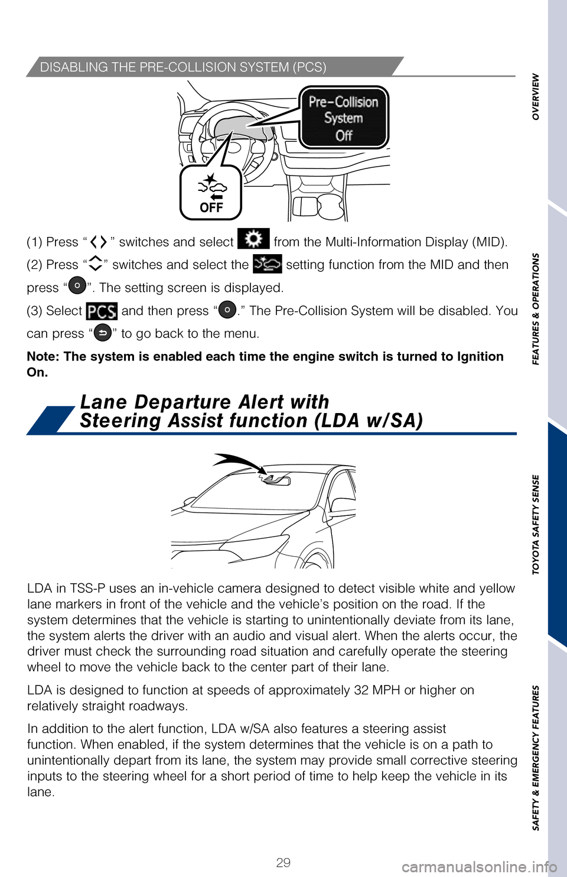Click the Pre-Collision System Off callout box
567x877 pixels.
[x=343, y=118]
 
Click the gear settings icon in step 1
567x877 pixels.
[x=253, y=239]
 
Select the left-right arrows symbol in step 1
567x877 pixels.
[x=99, y=242]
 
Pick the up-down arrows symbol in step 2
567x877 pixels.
[x=95, y=264]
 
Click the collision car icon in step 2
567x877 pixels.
[x=268, y=264]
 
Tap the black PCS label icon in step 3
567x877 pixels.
[x=102, y=311]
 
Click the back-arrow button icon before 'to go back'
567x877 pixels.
[x=103, y=333]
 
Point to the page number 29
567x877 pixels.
[x=283, y=862]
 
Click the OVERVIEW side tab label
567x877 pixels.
[x=536, y=96]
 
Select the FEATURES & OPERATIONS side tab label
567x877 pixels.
[x=536, y=309]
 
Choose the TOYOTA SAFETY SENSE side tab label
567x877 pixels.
[x=536, y=524]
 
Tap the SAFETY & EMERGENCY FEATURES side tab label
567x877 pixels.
[x=536, y=758]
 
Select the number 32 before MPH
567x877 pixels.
[x=361, y=690]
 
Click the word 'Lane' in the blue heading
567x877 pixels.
[x=104, y=402]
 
